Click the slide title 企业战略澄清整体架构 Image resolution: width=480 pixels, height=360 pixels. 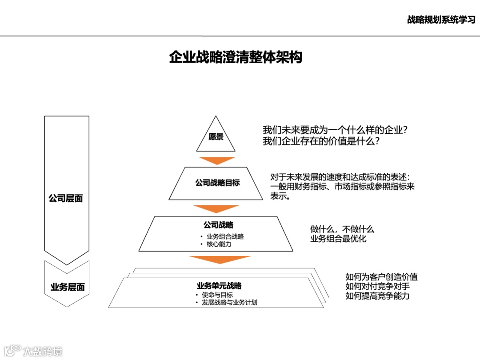(236, 58)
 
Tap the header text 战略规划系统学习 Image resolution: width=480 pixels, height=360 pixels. (441, 20)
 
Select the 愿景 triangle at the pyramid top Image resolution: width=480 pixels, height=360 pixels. (216, 137)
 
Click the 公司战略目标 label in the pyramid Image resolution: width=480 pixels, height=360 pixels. (217, 183)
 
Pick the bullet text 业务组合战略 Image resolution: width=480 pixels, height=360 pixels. (225, 236)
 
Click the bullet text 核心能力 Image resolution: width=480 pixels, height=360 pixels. (219, 244)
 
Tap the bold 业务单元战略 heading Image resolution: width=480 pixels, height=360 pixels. (219, 286)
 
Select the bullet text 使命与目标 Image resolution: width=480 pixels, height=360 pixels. (217, 295)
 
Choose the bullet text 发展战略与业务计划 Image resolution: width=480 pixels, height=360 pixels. (229, 303)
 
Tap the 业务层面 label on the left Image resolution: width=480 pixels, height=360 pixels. (67, 287)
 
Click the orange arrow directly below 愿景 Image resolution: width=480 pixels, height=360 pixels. (217, 160)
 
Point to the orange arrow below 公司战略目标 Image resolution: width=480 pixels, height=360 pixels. (216, 209)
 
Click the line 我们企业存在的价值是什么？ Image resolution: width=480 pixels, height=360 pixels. (321, 142)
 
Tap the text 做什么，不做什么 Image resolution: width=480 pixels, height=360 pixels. (342, 229)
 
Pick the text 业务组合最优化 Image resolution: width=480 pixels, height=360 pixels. (338, 239)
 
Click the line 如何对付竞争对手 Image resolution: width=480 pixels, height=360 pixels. (377, 286)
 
